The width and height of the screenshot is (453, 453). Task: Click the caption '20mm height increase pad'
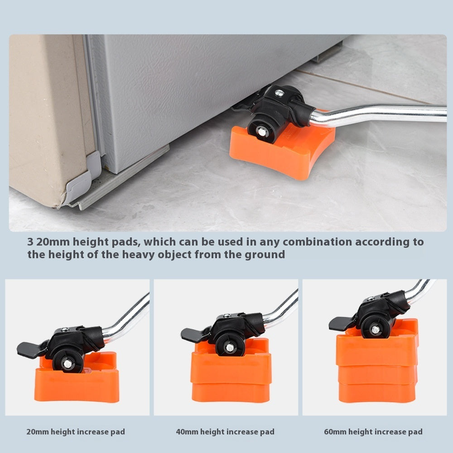click(76, 432)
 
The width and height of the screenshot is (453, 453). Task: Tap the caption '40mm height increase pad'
click(225, 432)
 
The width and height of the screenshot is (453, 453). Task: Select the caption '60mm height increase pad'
click(373, 432)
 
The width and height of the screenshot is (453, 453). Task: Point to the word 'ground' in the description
click(265, 255)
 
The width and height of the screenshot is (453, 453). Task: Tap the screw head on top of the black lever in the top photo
click(279, 93)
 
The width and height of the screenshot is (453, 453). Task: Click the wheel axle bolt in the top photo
click(262, 132)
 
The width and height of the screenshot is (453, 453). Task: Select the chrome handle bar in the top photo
click(376, 114)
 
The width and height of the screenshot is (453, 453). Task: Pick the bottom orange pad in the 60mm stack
click(377, 393)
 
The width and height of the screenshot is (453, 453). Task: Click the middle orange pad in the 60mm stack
click(377, 375)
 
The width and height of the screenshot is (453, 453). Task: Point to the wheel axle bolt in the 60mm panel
click(375, 329)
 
